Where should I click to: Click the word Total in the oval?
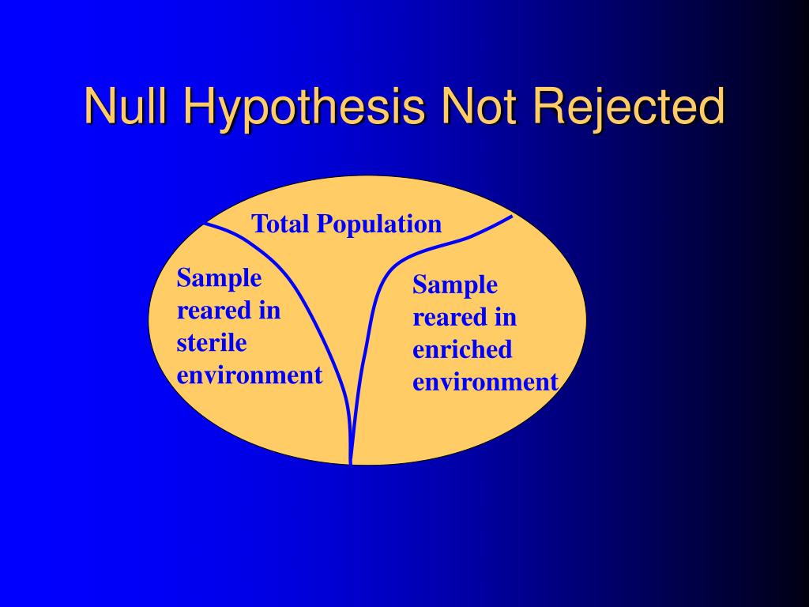pyautogui.click(x=281, y=224)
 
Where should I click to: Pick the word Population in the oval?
pyautogui.click(x=379, y=225)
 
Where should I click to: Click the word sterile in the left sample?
pyautogui.click(x=212, y=343)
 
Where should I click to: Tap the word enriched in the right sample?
pyautogui.click(x=462, y=349)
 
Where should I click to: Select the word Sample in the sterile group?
pyautogui.click(x=219, y=278)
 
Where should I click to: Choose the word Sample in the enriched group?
pyautogui.click(x=455, y=285)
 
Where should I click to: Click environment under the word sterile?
pyautogui.click(x=250, y=375)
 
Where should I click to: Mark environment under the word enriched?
pyautogui.click(x=485, y=382)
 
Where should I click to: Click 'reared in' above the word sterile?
pyautogui.click(x=228, y=311)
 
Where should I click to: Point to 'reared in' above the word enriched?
pyautogui.click(x=465, y=318)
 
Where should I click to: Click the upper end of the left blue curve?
pyautogui.click(x=205, y=224)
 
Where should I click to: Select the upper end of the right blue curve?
pyautogui.click(x=512, y=216)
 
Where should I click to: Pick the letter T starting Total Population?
pyautogui.click(x=258, y=224)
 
